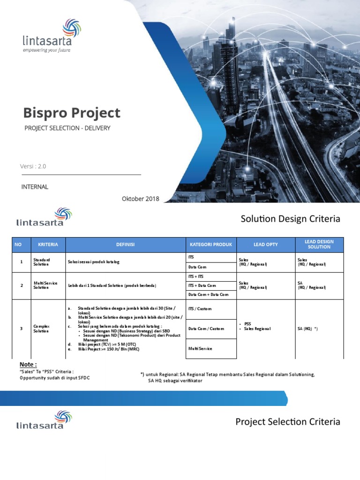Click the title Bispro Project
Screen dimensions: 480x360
[72, 113]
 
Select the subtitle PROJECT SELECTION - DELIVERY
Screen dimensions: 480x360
[67, 128]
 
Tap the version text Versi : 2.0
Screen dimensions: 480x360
[33, 166]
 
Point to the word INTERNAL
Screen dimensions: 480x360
[35, 187]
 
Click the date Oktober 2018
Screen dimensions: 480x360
[140, 199]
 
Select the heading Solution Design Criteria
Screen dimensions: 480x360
[290, 219]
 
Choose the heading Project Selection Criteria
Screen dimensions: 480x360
[287, 422]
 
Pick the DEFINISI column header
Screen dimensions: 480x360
[125, 245]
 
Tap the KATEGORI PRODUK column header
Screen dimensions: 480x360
[211, 245]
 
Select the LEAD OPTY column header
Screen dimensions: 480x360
[265, 245]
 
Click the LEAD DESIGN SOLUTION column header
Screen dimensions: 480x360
[319, 244]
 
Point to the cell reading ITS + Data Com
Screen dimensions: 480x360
[202, 285]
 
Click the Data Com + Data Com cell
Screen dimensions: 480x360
[208, 294]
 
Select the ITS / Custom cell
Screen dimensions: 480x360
[200, 308]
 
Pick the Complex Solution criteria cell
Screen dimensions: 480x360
[41, 328]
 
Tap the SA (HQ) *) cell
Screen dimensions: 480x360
[307, 329]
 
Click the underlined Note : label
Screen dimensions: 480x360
[28, 365]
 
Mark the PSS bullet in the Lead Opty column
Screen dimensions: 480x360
[248, 323]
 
